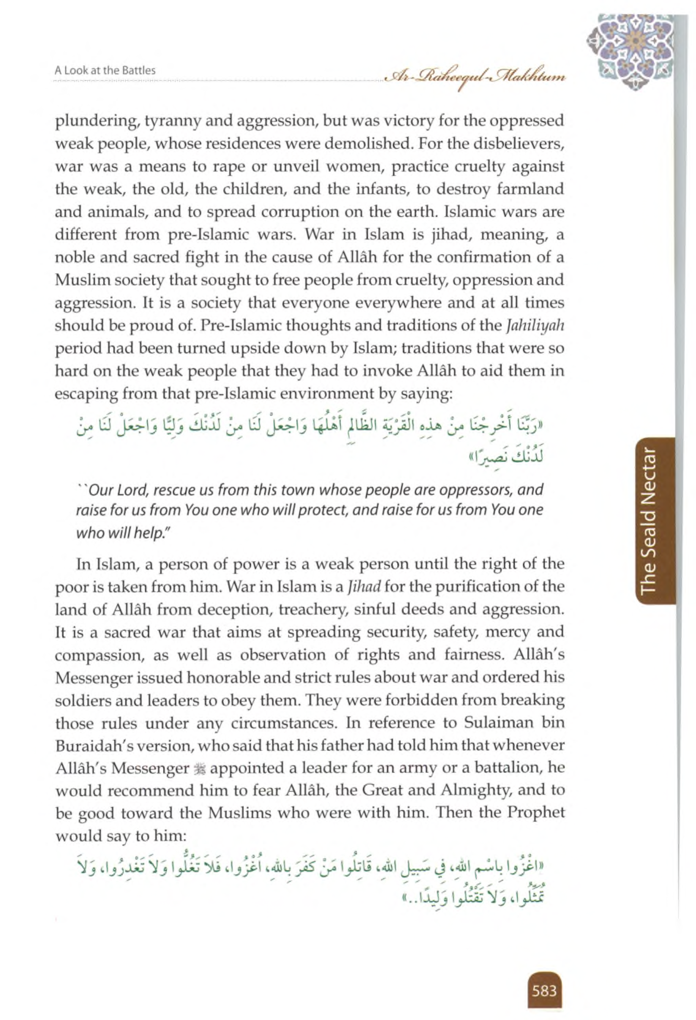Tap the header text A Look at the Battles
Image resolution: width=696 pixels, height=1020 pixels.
tap(105, 70)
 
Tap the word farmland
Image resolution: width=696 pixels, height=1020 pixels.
tap(525, 190)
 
